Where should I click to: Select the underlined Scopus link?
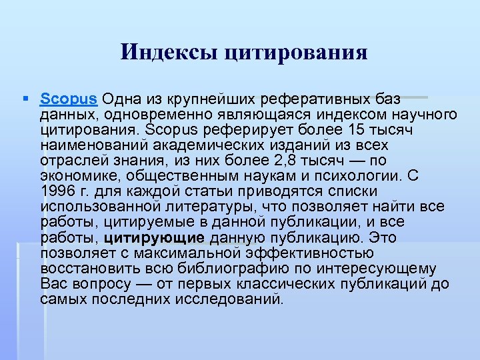point(69,99)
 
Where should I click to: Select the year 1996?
point(58,191)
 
